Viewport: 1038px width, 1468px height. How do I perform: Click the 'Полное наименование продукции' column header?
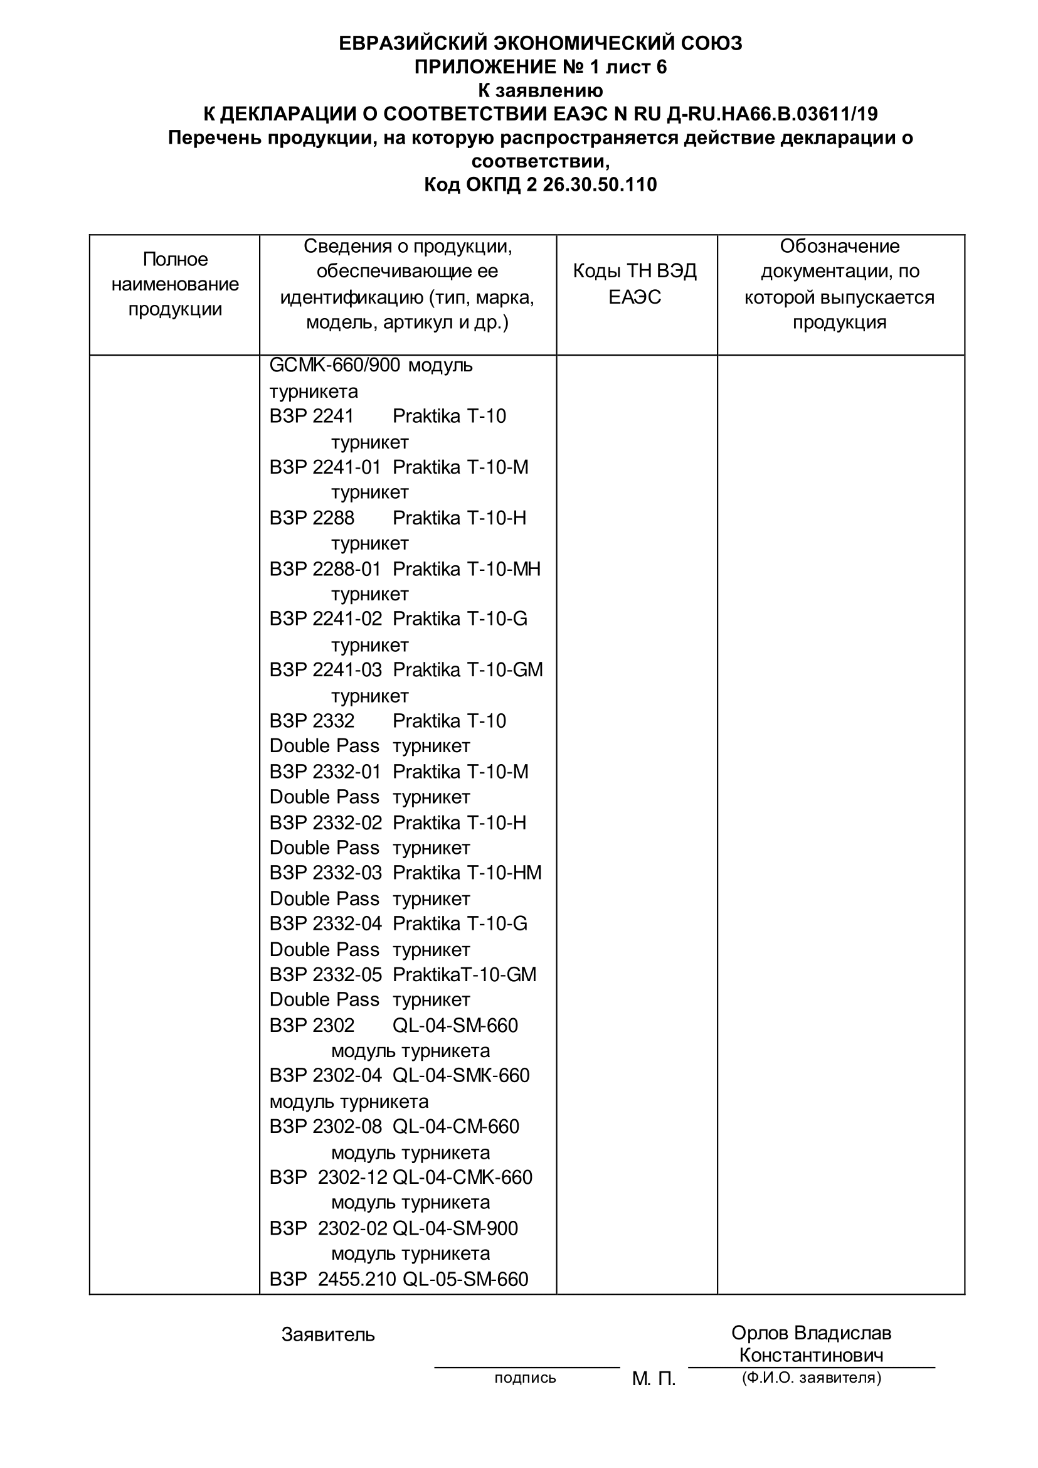point(174,284)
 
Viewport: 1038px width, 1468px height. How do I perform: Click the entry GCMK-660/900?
point(334,365)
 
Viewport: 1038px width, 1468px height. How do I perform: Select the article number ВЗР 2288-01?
point(325,568)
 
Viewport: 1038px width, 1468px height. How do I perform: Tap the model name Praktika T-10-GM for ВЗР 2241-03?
point(467,669)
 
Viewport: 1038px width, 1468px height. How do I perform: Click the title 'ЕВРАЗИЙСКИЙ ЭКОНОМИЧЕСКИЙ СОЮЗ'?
point(540,43)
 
